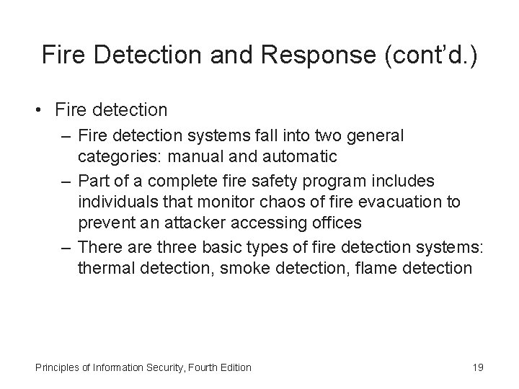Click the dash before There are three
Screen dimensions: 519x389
click(x=65, y=247)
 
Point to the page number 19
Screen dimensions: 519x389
click(x=477, y=367)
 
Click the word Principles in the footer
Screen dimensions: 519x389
click(x=57, y=367)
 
